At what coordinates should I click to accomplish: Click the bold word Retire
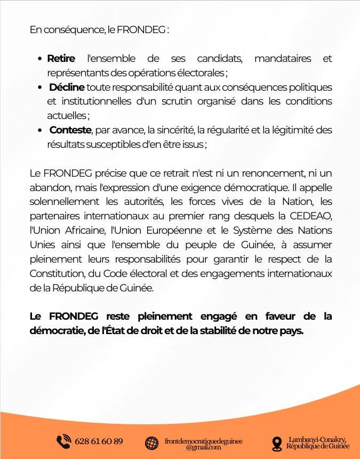tap(61, 58)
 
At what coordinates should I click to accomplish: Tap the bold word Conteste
tap(70, 130)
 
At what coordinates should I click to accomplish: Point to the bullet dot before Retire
tap(41, 59)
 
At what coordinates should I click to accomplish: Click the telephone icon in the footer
tap(63, 441)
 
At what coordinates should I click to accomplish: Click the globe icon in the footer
tap(152, 442)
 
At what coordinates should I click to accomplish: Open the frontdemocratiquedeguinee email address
tap(204, 442)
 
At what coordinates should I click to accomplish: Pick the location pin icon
tap(276, 442)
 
